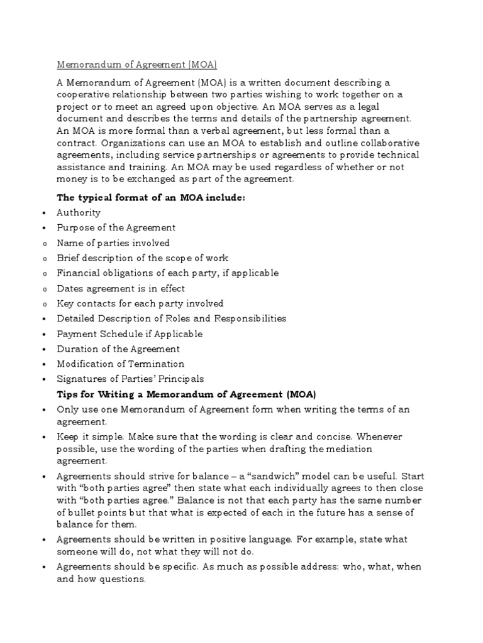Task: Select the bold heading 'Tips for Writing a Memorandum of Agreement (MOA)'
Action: pyautogui.click(x=186, y=394)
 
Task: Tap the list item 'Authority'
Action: pyautogui.click(x=79, y=213)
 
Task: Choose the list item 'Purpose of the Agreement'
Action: pyautogui.click(x=116, y=228)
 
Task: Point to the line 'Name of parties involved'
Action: pyautogui.click(x=113, y=243)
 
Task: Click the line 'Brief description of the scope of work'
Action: pyautogui.click(x=143, y=258)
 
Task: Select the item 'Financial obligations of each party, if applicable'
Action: pyautogui.click(x=167, y=273)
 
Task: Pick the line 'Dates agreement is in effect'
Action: pyautogui.click(x=121, y=288)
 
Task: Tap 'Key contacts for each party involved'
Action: pyautogui.click(x=140, y=303)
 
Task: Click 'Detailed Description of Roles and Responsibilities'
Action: pyautogui.click(x=171, y=318)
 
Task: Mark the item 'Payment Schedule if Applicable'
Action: pyautogui.click(x=130, y=333)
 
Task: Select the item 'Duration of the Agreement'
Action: pyautogui.click(x=118, y=349)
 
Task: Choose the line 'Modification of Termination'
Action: pyautogui.click(x=121, y=364)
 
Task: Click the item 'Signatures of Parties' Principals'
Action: pyautogui.click(x=130, y=379)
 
